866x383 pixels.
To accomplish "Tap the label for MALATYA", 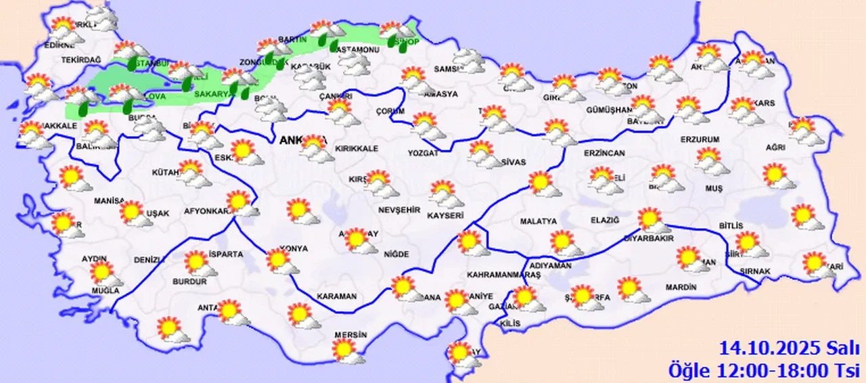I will coord(539,221).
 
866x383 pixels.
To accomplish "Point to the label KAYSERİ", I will coord(445,216).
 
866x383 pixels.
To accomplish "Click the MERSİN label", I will coord(350,335).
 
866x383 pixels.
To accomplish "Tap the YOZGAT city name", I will coord(424,154).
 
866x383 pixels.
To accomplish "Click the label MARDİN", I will coord(681,288).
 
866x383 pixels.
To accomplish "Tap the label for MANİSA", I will coord(109,201).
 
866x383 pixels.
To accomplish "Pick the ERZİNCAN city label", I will coord(606,154).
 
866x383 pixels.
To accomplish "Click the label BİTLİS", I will coord(731,225).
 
